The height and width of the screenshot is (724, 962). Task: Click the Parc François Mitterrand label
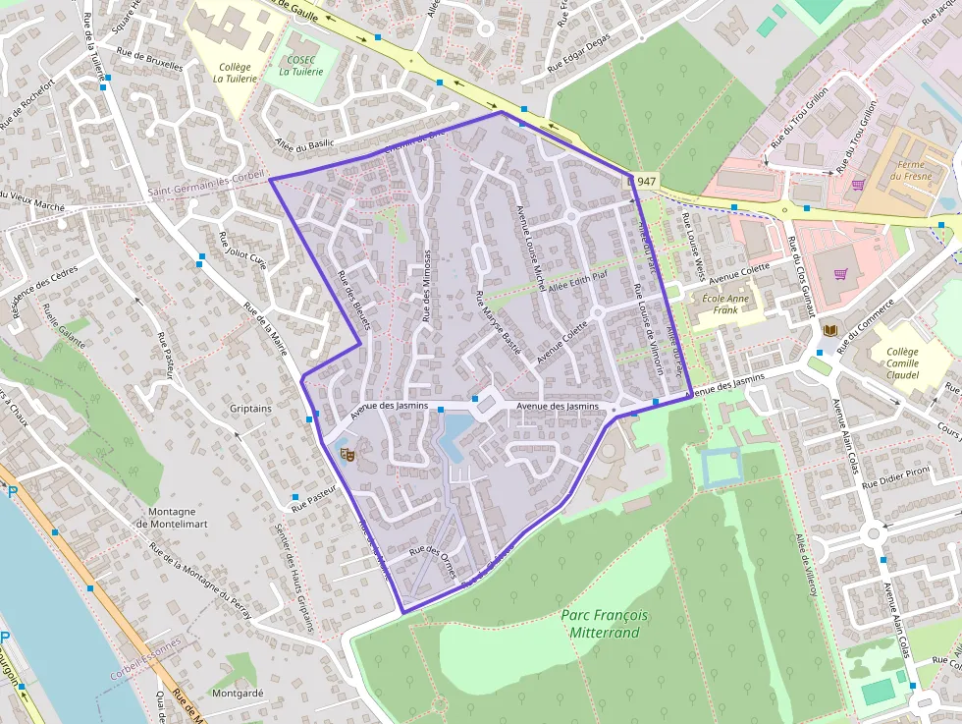click(605, 623)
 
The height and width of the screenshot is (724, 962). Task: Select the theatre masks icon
click(346, 454)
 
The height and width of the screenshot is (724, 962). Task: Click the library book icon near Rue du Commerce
click(830, 331)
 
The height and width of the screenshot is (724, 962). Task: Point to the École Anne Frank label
click(725, 305)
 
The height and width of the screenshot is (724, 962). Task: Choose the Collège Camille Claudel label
click(902, 363)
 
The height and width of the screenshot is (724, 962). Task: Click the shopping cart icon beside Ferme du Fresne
click(857, 184)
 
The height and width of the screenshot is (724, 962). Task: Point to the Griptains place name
click(250, 407)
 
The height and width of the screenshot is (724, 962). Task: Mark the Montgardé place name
click(237, 693)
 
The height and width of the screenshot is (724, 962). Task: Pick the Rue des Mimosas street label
click(427, 286)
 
